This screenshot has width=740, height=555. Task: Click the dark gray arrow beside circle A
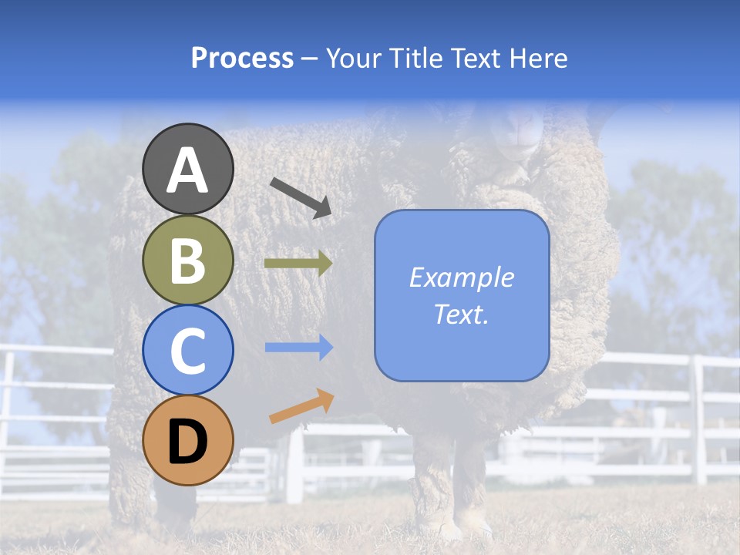coord(301,197)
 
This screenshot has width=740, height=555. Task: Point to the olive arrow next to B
coord(298,264)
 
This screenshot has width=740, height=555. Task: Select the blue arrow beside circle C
coord(299,348)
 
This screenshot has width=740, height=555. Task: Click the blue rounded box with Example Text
coord(462,295)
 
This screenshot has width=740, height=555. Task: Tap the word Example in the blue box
coord(462,277)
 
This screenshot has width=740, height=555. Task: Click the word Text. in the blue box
coord(462,314)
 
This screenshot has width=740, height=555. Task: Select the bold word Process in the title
coord(242,59)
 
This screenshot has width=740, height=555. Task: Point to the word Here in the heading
coord(539,59)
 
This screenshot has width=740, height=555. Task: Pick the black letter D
coord(187,442)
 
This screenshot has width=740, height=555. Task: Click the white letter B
coord(187,261)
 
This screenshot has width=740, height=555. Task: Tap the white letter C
coord(187,351)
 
